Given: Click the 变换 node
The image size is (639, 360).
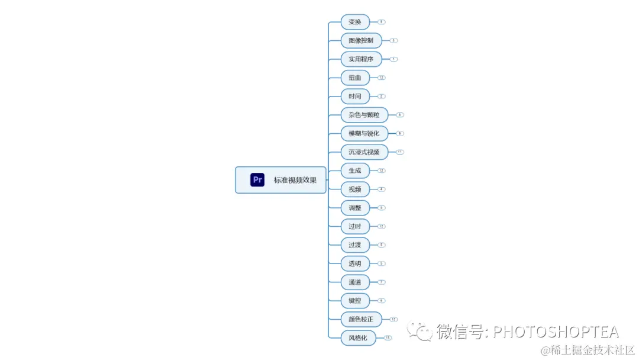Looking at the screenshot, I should [x=355, y=22].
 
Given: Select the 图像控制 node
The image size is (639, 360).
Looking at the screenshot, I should [x=361, y=40].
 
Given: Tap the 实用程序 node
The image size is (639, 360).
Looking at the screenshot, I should [x=361, y=59].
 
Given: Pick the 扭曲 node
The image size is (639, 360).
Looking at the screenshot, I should [x=355, y=78].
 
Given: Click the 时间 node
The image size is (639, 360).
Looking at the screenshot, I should [x=355, y=96].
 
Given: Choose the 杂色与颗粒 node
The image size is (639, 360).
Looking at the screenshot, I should [x=364, y=115].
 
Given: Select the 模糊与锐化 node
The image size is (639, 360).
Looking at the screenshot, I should [x=364, y=133].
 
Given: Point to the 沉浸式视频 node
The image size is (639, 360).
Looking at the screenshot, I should [x=364, y=152].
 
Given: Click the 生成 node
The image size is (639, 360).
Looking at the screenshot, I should [x=355, y=171].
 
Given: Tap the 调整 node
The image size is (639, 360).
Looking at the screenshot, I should [x=355, y=208].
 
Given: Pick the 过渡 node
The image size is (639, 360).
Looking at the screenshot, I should [x=355, y=245].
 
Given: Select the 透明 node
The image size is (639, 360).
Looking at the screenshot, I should [x=355, y=263].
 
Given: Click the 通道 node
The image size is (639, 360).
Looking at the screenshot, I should [x=355, y=282].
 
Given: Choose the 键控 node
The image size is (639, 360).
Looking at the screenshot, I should [x=355, y=301].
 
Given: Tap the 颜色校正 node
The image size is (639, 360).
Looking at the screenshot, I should [x=361, y=319].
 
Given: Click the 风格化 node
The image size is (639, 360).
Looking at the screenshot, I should [x=358, y=338].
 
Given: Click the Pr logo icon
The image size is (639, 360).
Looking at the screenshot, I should [x=257, y=180].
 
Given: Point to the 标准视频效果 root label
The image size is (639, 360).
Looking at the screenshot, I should [x=295, y=180].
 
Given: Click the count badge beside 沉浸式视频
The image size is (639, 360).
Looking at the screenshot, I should [x=400, y=152].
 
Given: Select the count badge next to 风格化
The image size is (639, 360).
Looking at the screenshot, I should [x=388, y=338].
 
